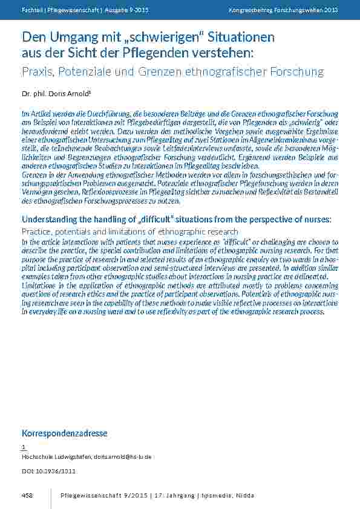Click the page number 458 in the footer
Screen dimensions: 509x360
tap(27, 496)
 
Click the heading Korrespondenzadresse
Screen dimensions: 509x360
tap(64, 433)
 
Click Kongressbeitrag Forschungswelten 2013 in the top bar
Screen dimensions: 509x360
tap(284, 10)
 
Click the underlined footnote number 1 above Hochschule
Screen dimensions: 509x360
tap(24, 447)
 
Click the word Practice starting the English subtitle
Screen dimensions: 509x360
tap(38, 232)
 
